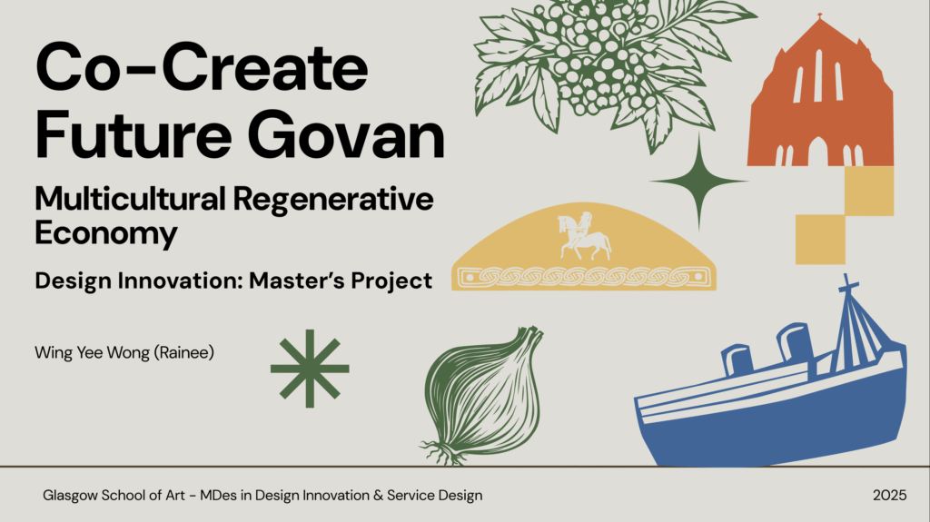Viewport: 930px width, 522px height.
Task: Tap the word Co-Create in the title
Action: tap(202, 66)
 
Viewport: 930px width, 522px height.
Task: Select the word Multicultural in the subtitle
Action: tap(130, 198)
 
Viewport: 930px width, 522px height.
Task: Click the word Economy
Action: tap(106, 232)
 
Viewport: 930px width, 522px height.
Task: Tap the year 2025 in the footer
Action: tap(890, 496)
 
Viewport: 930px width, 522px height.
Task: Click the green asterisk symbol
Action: tap(310, 369)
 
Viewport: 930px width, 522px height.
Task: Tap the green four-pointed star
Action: tap(698, 181)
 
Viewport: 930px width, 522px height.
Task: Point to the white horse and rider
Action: tap(584, 237)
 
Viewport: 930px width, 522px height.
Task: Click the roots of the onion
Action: tap(443, 453)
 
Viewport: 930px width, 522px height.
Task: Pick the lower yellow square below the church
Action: tap(820, 240)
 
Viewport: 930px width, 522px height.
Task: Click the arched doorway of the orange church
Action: tap(818, 152)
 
